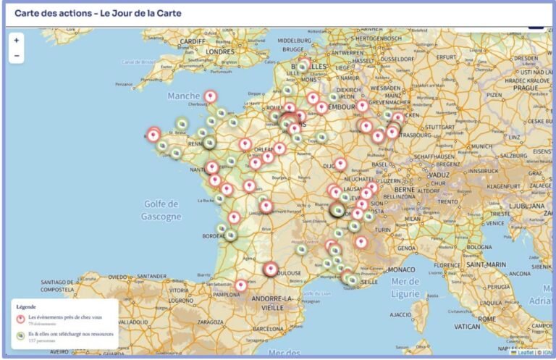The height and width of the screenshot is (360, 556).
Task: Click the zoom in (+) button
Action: click(x=16, y=41)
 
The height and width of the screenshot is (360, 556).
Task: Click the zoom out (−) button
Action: click(x=16, y=56)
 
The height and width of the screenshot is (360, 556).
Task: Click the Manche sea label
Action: click(x=184, y=96)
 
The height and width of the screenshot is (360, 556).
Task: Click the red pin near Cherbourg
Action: click(x=211, y=96)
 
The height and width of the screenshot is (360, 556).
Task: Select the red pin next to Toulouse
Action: click(x=271, y=269)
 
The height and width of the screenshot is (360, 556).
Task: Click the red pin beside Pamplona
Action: click(x=240, y=285)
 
